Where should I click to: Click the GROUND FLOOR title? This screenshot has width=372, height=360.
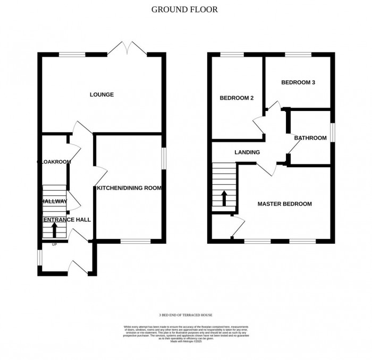(184, 9)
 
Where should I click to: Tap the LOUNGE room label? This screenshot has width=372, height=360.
(102, 95)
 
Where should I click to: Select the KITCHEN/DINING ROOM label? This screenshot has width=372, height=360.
(129, 188)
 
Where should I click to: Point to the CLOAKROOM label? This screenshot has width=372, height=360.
(54, 161)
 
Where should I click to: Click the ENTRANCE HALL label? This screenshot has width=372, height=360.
(66, 219)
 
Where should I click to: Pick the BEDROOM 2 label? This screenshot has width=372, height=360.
(235, 98)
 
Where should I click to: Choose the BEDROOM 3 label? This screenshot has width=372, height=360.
(298, 83)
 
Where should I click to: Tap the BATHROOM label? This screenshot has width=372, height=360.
(310, 138)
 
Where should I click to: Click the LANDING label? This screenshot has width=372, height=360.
(247, 152)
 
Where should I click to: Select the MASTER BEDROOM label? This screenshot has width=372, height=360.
(285, 204)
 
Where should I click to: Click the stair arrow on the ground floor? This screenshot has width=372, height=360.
(54, 230)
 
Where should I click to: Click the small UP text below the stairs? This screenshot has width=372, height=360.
(54, 245)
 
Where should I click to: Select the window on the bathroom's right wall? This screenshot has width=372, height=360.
(333, 133)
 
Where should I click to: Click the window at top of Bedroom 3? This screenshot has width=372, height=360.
(294, 54)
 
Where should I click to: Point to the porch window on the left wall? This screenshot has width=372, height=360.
(39, 257)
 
